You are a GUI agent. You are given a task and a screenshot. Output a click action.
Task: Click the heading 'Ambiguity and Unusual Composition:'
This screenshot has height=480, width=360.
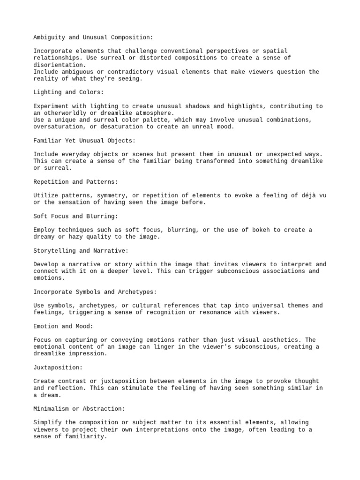93,37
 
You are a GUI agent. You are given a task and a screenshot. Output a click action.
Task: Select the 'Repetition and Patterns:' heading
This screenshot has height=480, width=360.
75,181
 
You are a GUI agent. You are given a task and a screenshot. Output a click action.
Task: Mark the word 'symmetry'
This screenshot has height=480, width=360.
111,195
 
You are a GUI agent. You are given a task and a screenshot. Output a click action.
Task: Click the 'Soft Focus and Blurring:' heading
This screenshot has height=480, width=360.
75,216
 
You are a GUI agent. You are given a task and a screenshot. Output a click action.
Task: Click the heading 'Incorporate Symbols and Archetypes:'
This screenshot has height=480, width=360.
95,292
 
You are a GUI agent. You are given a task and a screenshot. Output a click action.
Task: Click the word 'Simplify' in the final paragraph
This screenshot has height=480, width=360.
48,422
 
